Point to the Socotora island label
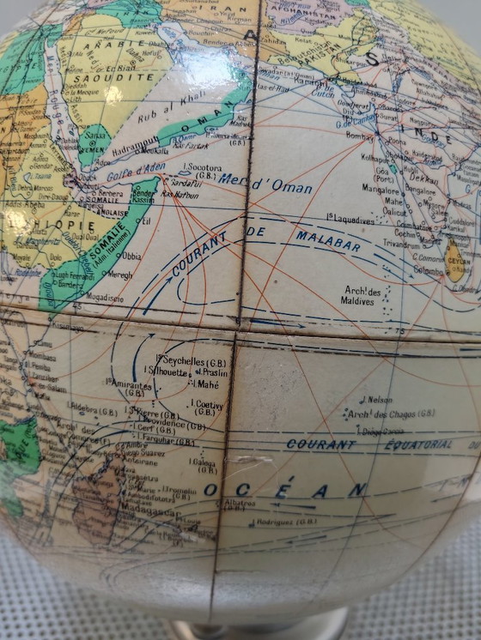pos(203,170)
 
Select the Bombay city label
pos(360,136)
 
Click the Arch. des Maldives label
pos(362,295)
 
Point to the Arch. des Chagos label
pos(392,414)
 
